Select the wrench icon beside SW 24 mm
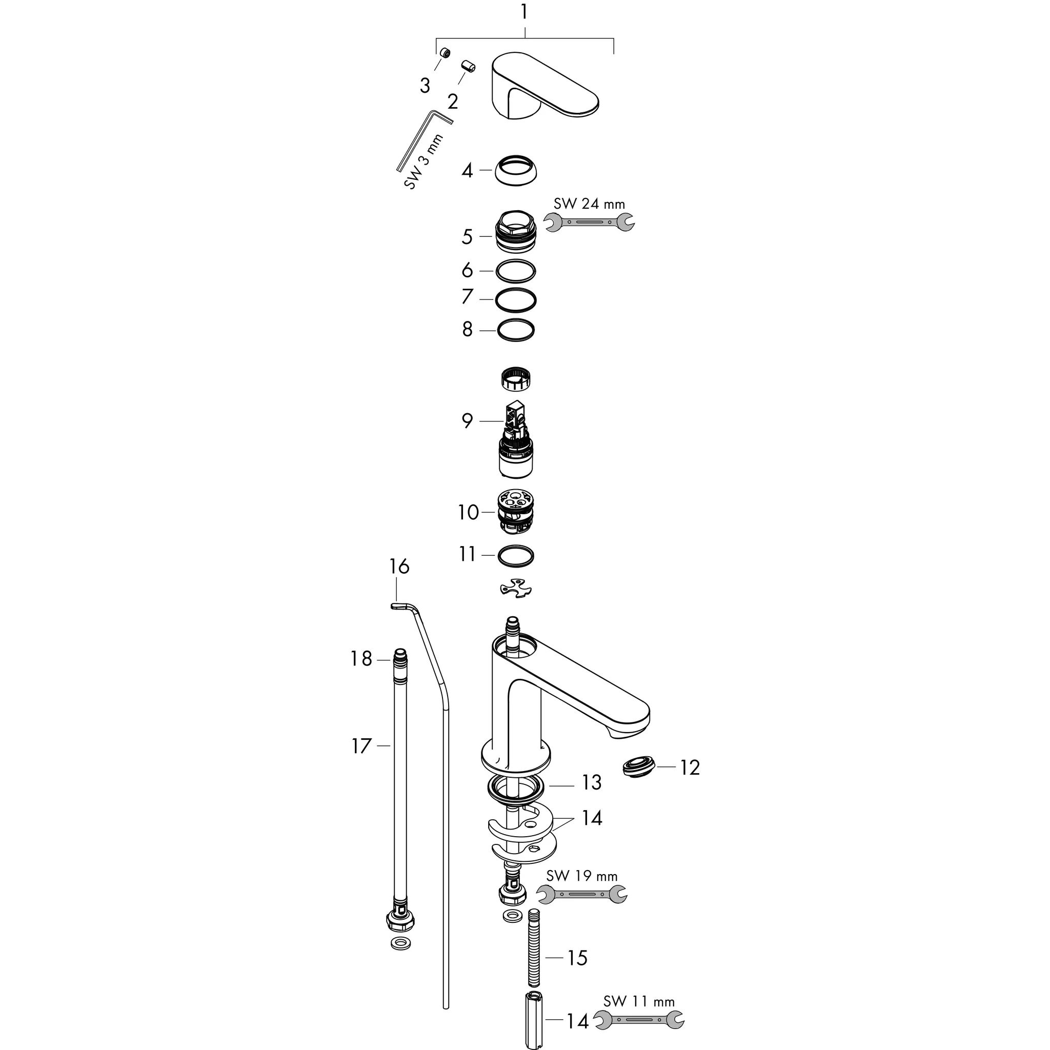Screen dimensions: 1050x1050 (589, 221)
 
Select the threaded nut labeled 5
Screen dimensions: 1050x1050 (515, 234)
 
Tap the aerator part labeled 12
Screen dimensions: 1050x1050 (637, 768)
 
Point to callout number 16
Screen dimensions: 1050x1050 (399, 567)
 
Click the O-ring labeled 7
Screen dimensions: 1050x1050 (516, 299)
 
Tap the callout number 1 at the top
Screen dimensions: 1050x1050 (524, 12)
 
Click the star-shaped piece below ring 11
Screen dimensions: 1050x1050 (515, 589)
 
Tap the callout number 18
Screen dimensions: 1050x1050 (361, 659)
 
